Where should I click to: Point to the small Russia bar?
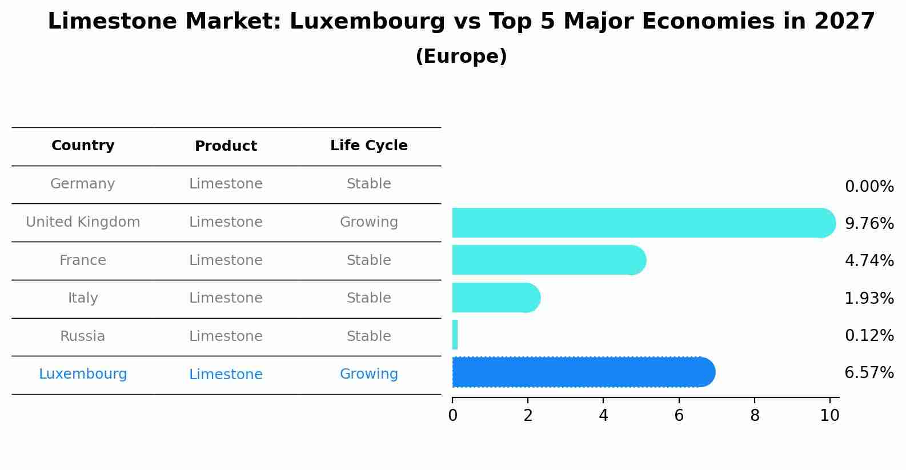point(455,335)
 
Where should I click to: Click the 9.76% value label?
point(869,223)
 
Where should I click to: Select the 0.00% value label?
point(869,186)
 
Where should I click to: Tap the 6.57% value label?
point(869,373)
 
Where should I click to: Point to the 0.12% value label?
point(869,335)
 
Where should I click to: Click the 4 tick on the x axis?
point(603,415)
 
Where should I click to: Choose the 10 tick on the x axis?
point(829,415)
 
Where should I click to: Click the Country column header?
point(83,146)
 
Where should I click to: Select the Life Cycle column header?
point(369,146)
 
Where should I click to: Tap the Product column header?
point(226,146)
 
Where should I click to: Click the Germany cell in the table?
point(83,184)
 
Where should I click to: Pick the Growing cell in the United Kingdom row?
point(369,222)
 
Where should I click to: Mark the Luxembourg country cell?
point(83,374)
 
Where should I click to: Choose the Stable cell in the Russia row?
point(369,336)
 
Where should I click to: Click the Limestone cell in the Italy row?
point(226,298)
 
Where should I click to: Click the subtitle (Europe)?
point(461,57)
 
